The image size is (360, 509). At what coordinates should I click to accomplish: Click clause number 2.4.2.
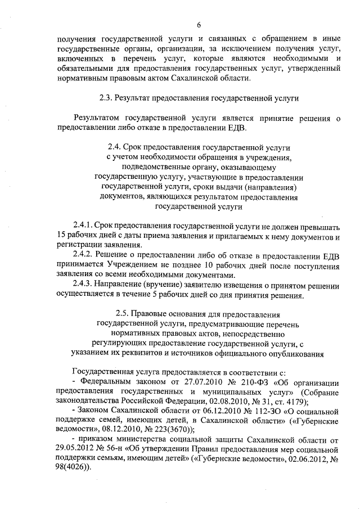tap(83, 256)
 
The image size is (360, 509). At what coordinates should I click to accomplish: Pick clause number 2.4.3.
tap(83, 285)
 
